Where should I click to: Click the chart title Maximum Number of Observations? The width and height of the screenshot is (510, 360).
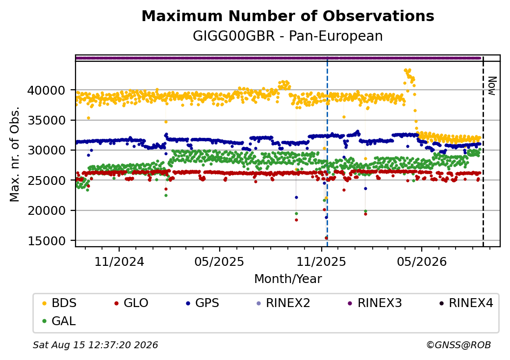pyautogui.click(x=288, y=16)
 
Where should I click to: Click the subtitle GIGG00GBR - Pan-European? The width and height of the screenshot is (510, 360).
pyautogui.click(x=288, y=36)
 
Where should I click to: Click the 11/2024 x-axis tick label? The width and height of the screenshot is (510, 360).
pyautogui.click(x=119, y=261)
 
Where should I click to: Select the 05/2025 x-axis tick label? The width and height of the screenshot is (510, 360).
pyautogui.click(x=220, y=261)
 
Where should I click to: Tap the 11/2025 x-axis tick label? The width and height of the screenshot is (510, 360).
pyautogui.click(x=321, y=261)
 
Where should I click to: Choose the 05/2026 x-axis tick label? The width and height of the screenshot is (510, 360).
pyautogui.click(x=422, y=261)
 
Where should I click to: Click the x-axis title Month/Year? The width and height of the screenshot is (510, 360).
pyautogui.click(x=288, y=279)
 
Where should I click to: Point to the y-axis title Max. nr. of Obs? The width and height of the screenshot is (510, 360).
pyautogui.click(x=15, y=154)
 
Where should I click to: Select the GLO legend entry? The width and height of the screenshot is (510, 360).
pyautogui.click(x=131, y=303)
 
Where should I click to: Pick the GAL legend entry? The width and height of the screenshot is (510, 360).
pyautogui.click(x=59, y=321)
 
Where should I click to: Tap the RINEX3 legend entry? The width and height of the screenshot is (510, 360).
pyautogui.click(x=375, y=303)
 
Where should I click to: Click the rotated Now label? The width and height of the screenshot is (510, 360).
pyautogui.click(x=492, y=86)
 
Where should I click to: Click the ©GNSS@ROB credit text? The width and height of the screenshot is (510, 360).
pyautogui.click(x=459, y=345)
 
